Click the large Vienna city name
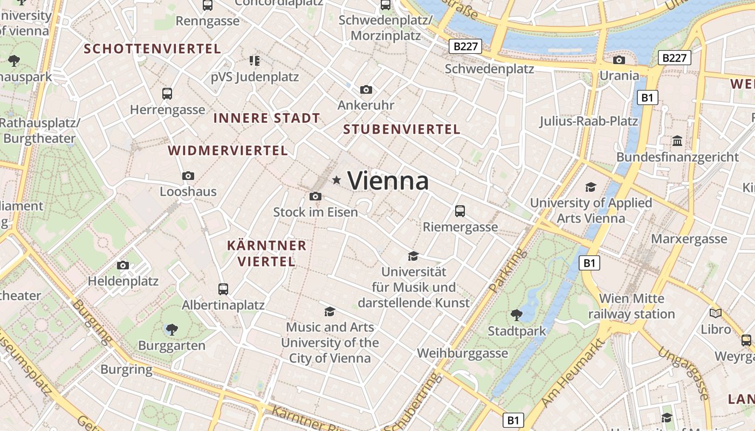click(x=388, y=180)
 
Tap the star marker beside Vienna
click(x=337, y=180)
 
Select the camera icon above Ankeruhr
click(x=366, y=89)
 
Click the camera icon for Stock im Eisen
click(x=315, y=197)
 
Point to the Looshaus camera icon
click(x=188, y=176)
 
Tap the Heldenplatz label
click(x=123, y=281)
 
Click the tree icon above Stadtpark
click(x=517, y=315)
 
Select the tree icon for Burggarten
click(x=172, y=329)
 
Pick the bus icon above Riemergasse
click(x=460, y=211)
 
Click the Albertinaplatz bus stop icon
click(x=223, y=289)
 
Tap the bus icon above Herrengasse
click(x=167, y=94)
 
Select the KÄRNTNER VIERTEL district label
click(x=266, y=254)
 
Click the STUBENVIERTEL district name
click(x=402, y=129)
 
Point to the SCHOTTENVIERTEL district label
click(x=153, y=49)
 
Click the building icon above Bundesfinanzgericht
click(x=677, y=141)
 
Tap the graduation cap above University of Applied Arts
click(x=591, y=187)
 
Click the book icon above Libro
click(x=716, y=313)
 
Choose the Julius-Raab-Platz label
click(x=589, y=121)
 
